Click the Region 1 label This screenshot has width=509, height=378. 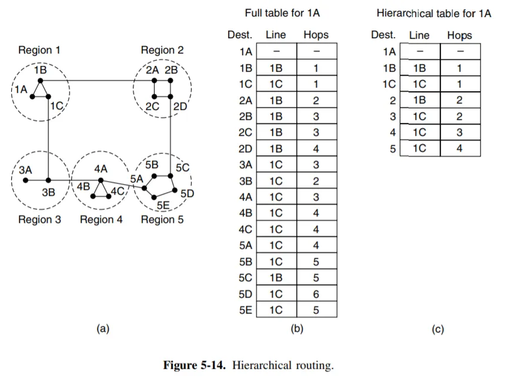(x=39, y=51)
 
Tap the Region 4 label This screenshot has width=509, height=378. (x=101, y=220)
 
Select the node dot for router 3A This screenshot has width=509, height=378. (x=26, y=180)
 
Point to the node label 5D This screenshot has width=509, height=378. (x=187, y=193)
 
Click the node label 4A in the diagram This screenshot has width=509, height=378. (x=101, y=169)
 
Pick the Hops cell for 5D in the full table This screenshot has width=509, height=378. (x=316, y=294)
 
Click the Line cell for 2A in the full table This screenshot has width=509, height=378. (x=276, y=101)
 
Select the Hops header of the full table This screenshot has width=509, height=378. (x=316, y=35)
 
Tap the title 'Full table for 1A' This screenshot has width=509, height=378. (x=282, y=13)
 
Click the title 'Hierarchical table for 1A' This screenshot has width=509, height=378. (x=433, y=13)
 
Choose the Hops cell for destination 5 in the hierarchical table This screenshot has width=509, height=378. (x=459, y=149)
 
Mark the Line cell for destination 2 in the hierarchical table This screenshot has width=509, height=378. (x=419, y=101)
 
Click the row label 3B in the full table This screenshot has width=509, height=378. (x=246, y=181)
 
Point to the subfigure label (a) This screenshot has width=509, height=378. (x=103, y=329)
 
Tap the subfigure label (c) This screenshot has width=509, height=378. (x=437, y=329)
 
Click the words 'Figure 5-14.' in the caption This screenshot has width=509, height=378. (x=195, y=365)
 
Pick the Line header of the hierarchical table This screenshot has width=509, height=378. (x=419, y=35)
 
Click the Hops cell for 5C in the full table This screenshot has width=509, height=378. (x=316, y=277)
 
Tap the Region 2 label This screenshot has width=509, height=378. (x=162, y=51)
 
